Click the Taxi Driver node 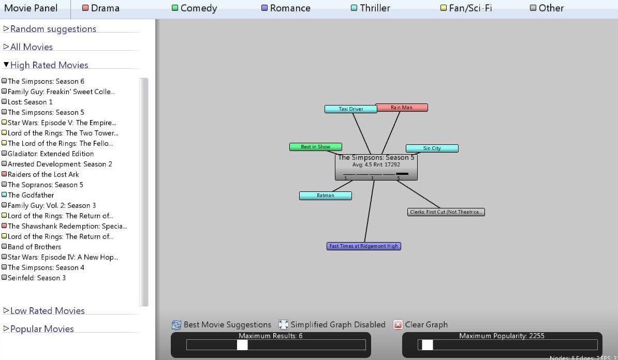351,109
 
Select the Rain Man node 402,108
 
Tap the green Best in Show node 316,147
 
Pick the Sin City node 432,148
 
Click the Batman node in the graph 326,196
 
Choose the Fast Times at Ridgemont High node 364,246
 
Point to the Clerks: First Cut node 446,212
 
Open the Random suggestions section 53,29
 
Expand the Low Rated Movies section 47,311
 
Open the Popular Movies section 41,329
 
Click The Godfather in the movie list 31,195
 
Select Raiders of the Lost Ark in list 43,174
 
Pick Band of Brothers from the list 34,247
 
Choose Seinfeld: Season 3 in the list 36,278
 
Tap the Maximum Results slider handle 242,345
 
